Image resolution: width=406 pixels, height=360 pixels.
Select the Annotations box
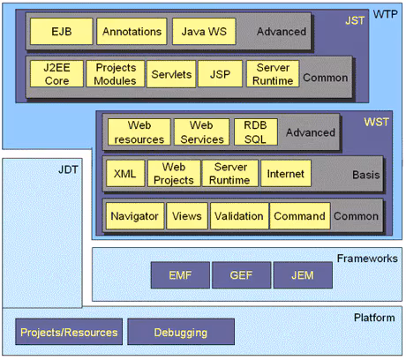click(132, 32)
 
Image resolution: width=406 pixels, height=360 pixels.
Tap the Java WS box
click(203, 32)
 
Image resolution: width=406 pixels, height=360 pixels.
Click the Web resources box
click(138, 132)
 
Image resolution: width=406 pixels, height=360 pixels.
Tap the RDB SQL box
click(254, 132)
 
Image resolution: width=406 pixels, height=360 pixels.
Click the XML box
click(124, 174)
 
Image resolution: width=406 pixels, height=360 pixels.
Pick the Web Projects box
click(172, 174)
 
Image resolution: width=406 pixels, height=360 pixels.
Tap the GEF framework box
click(237, 275)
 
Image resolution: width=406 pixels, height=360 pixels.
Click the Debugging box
click(180, 332)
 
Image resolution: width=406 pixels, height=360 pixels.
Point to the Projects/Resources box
click(68, 332)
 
